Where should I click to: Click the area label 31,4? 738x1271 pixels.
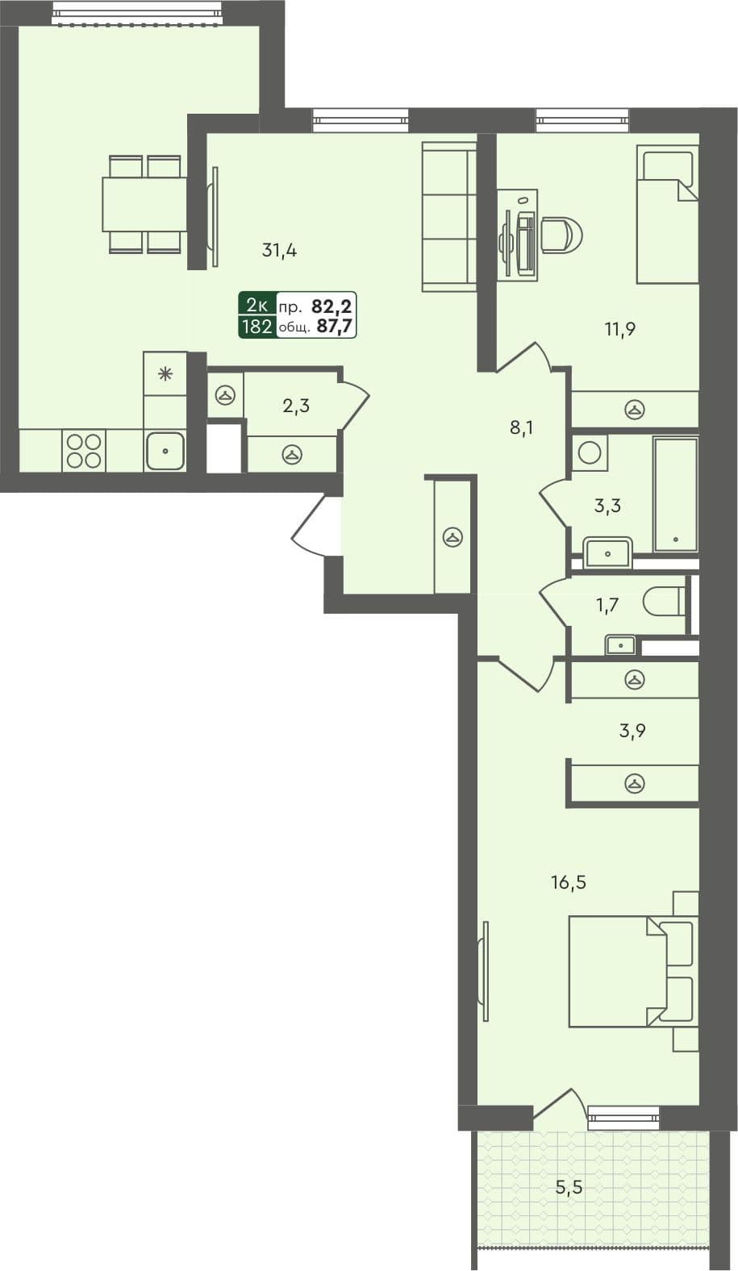[x=279, y=251]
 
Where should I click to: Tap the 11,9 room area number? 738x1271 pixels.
[x=621, y=328]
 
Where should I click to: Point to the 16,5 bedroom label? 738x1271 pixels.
[x=568, y=882]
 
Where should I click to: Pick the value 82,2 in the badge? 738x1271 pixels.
[x=333, y=306]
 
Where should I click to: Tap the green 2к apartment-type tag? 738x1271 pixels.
[x=257, y=305]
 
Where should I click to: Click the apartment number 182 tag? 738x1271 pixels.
[x=257, y=327]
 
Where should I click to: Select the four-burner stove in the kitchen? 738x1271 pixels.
[x=84, y=451]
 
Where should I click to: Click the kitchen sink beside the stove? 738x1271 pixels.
[x=165, y=451]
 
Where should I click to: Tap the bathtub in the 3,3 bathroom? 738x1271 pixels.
[x=675, y=495]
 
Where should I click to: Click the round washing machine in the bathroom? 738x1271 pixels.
[x=591, y=452]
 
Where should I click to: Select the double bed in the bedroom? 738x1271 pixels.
[x=629, y=971]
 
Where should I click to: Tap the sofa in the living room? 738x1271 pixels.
[x=448, y=216]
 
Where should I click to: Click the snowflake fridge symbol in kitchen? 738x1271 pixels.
[x=165, y=373]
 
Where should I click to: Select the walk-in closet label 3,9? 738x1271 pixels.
[x=632, y=731]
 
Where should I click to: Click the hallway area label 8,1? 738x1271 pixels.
[x=521, y=428]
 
